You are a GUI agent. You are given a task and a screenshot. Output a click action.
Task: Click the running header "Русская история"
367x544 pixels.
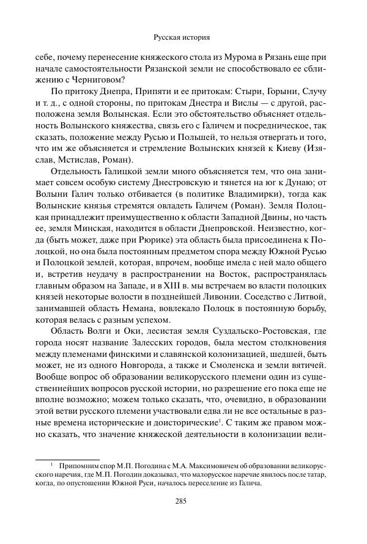183,37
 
